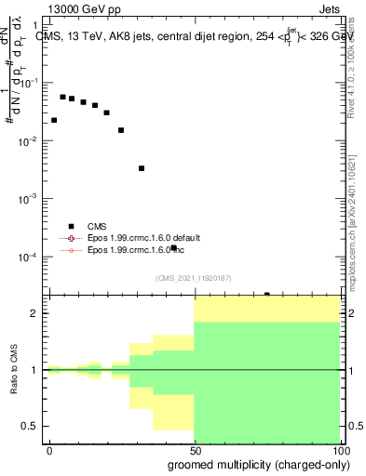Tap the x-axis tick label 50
pos(194,449)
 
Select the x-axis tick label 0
pos(49,449)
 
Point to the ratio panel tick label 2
pos(35,313)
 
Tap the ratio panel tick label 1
pos(35,370)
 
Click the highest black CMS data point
pos(62,97)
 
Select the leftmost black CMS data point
pos(54,120)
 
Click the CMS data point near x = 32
pos(142,168)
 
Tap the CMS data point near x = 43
pos(173,247)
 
